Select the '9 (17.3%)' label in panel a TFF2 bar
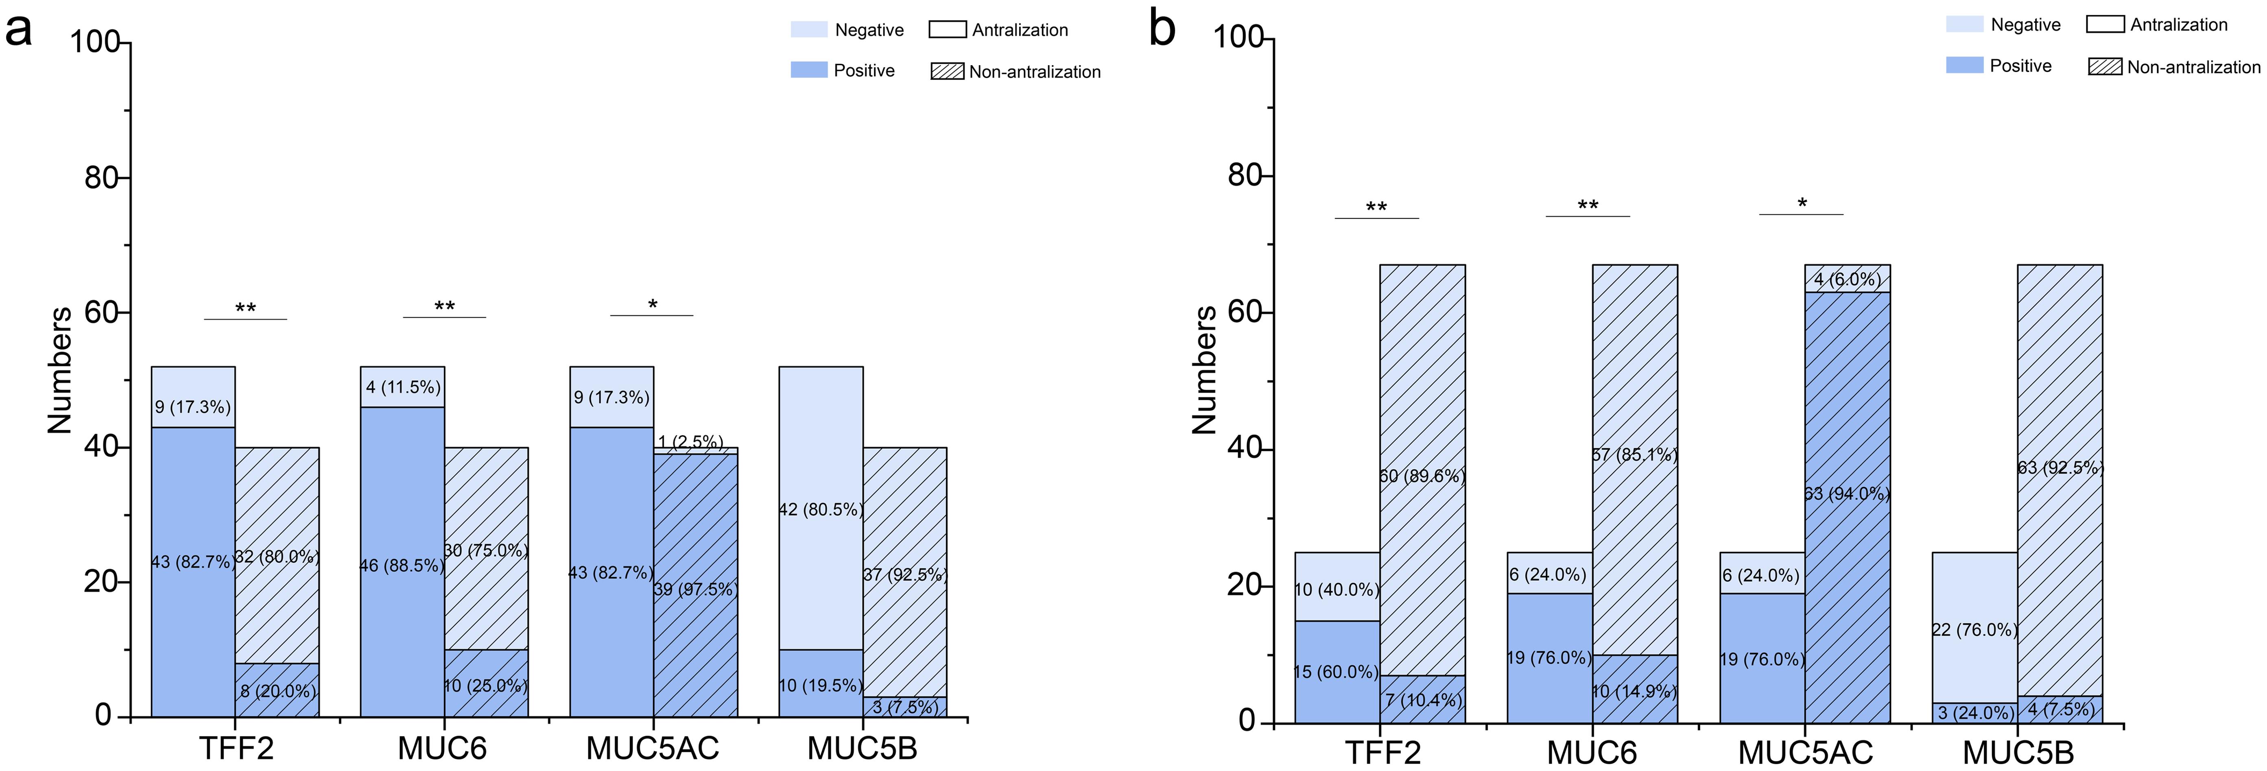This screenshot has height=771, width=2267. point(193,406)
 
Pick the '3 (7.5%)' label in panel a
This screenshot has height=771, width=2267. point(905,707)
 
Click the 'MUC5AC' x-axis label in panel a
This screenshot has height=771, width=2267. point(652,749)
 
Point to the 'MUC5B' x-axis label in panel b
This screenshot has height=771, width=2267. point(2018,754)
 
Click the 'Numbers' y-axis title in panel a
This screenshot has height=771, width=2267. point(60,370)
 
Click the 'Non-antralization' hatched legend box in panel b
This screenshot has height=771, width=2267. point(2104,67)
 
